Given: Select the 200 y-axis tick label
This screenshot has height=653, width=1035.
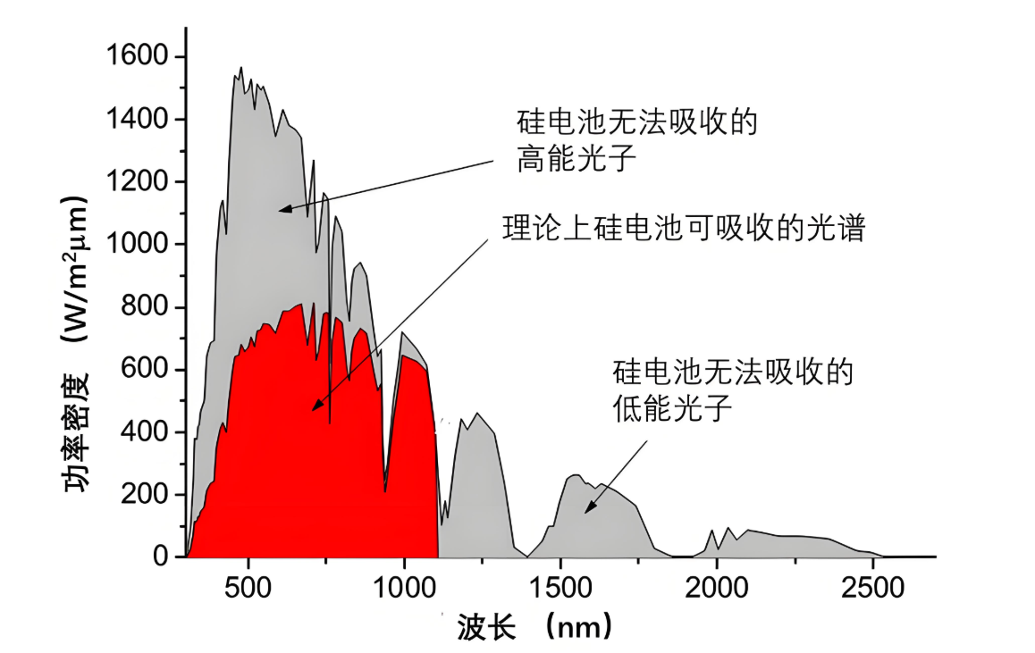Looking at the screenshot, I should coord(147,495).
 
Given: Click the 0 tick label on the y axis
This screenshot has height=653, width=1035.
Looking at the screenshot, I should coord(160,557).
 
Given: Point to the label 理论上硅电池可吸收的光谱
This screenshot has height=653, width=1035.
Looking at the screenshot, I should coord(685,230).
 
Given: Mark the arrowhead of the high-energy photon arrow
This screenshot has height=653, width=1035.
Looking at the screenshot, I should coord(282,210).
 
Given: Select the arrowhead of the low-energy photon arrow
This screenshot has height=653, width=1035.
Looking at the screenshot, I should coord(587,510).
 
